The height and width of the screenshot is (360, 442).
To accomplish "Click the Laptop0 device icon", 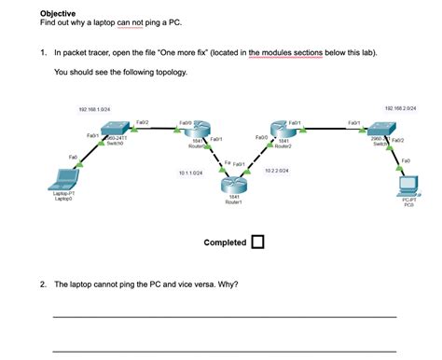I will (x=64, y=178).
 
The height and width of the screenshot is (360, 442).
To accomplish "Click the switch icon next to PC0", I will (x=381, y=132).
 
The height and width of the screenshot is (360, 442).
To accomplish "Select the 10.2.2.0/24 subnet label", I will (x=277, y=171).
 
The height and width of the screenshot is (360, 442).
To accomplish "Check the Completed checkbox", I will (x=257, y=242).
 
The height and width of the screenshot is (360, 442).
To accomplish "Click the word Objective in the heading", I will (x=59, y=13).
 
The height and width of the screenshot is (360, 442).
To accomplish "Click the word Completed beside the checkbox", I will (x=225, y=242).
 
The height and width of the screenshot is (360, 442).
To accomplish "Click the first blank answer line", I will (x=224, y=317).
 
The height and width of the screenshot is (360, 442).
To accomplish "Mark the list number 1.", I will (x=43, y=54).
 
